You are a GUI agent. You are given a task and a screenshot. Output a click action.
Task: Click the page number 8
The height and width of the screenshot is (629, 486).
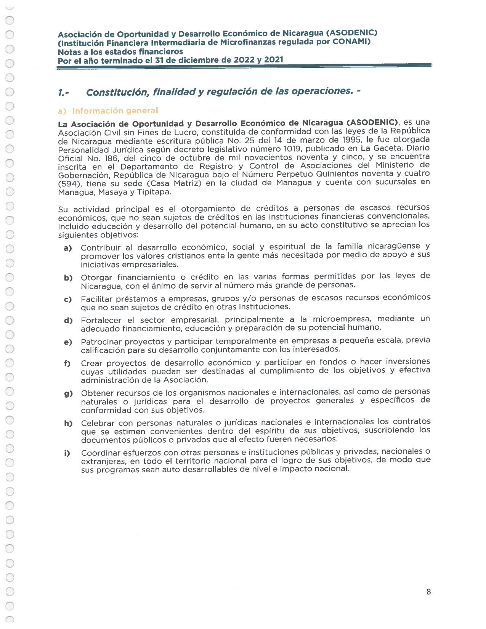pyautogui.click(x=428, y=592)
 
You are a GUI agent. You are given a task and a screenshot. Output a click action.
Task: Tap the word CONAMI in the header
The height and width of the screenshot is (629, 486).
pyautogui.click(x=350, y=42)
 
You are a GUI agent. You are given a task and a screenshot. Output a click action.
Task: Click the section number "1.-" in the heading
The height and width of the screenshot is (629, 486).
pyautogui.click(x=63, y=93)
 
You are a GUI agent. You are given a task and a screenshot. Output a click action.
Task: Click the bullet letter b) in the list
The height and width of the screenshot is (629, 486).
pyautogui.click(x=68, y=278)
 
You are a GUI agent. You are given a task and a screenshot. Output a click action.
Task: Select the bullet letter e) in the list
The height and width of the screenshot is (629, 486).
pyautogui.click(x=68, y=342)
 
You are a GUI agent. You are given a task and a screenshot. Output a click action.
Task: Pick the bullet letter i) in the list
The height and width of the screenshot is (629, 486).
pyautogui.click(x=67, y=453)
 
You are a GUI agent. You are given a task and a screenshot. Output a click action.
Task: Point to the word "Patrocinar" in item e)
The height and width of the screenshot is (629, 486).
pyautogui.click(x=101, y=342)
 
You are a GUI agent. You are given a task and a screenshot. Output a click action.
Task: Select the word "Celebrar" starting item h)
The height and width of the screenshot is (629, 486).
pyautogui.click(x=98, y=423)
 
